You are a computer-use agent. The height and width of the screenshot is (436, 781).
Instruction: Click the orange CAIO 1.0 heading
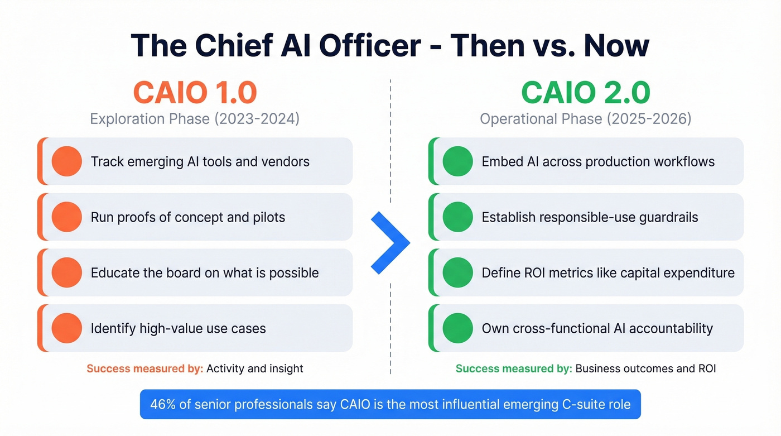click(195, 93)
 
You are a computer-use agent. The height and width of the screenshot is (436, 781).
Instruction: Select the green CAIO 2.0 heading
click(586, 93)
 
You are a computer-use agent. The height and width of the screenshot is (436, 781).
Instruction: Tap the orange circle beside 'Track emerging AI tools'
click(67, 161)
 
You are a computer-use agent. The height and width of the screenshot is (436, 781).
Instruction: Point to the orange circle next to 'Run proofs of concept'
click(67, 217)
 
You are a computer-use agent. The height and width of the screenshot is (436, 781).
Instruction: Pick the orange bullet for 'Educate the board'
click(67, 272)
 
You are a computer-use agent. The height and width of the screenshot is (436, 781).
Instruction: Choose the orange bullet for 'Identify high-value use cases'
click(67, 328)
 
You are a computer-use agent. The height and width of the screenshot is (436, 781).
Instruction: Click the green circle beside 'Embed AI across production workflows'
click(457, 161)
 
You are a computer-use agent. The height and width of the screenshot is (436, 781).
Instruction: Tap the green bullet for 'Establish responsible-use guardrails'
click(457, 217)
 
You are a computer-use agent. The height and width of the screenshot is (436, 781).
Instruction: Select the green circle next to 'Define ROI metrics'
click(457, 272)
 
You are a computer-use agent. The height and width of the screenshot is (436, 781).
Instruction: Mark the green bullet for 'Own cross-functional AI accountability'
click(457, 328)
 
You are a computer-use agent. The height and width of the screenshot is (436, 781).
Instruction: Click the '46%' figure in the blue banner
click(163, 404)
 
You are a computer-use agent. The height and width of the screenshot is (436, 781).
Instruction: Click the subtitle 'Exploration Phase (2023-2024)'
click(195, 119)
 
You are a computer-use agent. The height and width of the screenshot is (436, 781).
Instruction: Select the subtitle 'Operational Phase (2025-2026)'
click(586, 119)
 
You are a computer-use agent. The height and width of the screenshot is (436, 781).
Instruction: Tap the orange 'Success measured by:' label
click(144, 368)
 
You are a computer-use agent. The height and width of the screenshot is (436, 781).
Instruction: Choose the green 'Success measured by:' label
click(514, 368)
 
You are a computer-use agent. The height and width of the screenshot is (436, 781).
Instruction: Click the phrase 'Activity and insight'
click(255, 368)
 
